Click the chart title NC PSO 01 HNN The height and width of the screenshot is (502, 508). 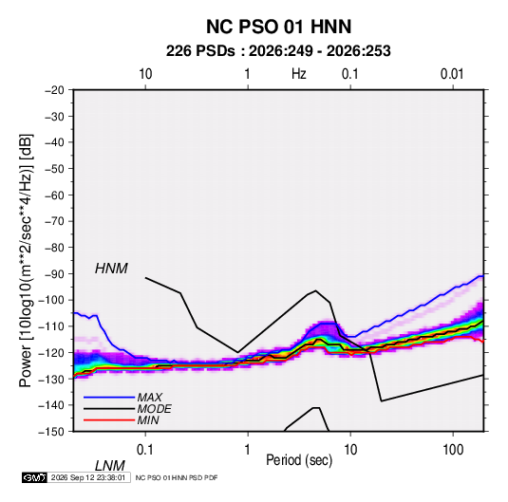pyautogui.click(x=278, y=27)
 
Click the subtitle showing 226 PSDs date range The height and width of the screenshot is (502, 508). pyautogui.click(x=278, y=51)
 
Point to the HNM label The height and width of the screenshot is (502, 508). pyautogui.click(x=111, y=269)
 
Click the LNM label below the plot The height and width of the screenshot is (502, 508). pyautogui.click(x=110, y=466)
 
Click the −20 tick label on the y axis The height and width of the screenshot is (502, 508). pyautogui.click(x=54, y=90)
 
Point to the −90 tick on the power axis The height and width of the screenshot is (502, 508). pyautogui.click(x=54, y=274)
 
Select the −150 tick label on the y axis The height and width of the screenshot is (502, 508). pyautogui.click(x=52, y=432)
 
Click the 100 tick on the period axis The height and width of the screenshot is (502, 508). pyautogui.click(x=453, y=449)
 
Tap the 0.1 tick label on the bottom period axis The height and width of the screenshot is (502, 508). pyautogui.click(x=145, y=449)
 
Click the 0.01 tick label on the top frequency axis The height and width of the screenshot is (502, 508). pyautogui.click(x=452, y=74)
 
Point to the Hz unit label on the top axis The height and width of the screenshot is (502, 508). pyautogui.click(x=299, y=74)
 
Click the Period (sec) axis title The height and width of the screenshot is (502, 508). pyautogui.click(x=299, y=460)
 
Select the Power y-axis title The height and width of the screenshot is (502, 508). pyautogui.click(x=26, y=261)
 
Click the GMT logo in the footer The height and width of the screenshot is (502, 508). pyautogui.click(x=34, y=477)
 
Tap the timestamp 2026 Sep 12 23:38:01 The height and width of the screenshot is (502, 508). pyautogui.click(x=88, y=477)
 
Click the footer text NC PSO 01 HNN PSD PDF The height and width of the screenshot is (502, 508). pyautogui.click(x=177, y=477)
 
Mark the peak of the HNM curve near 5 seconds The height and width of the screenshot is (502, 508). pyautogui.click(x=315, y=290)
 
